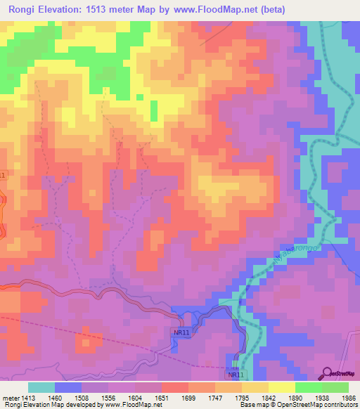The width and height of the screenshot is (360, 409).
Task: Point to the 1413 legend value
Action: pyautogui.click(x=28, y=397)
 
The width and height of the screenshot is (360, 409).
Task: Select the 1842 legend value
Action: pyautogui.click(x=268, y=397)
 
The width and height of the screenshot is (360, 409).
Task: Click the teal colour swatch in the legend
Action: pyautogui.click(x=41, y=387)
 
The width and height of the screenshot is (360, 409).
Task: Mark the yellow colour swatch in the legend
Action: pyautogui.click(x=281, y=387)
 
